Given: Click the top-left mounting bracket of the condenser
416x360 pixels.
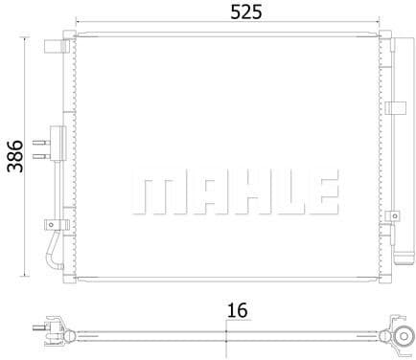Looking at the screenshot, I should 53,42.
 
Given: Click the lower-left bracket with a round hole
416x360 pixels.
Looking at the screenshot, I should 52,225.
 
